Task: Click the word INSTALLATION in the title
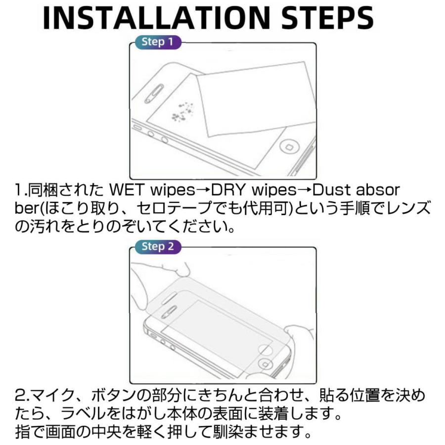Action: tap(156, 18)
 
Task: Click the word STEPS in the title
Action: tap(327, 18)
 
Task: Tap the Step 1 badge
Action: tap(158, 42)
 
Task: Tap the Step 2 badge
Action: tap(158, 246)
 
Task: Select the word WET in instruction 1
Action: tap(127, 190)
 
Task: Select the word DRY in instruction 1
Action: tap(228, 190)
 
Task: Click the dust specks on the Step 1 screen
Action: tap(182, 112)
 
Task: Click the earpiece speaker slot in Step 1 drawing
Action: tap(154, 93)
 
